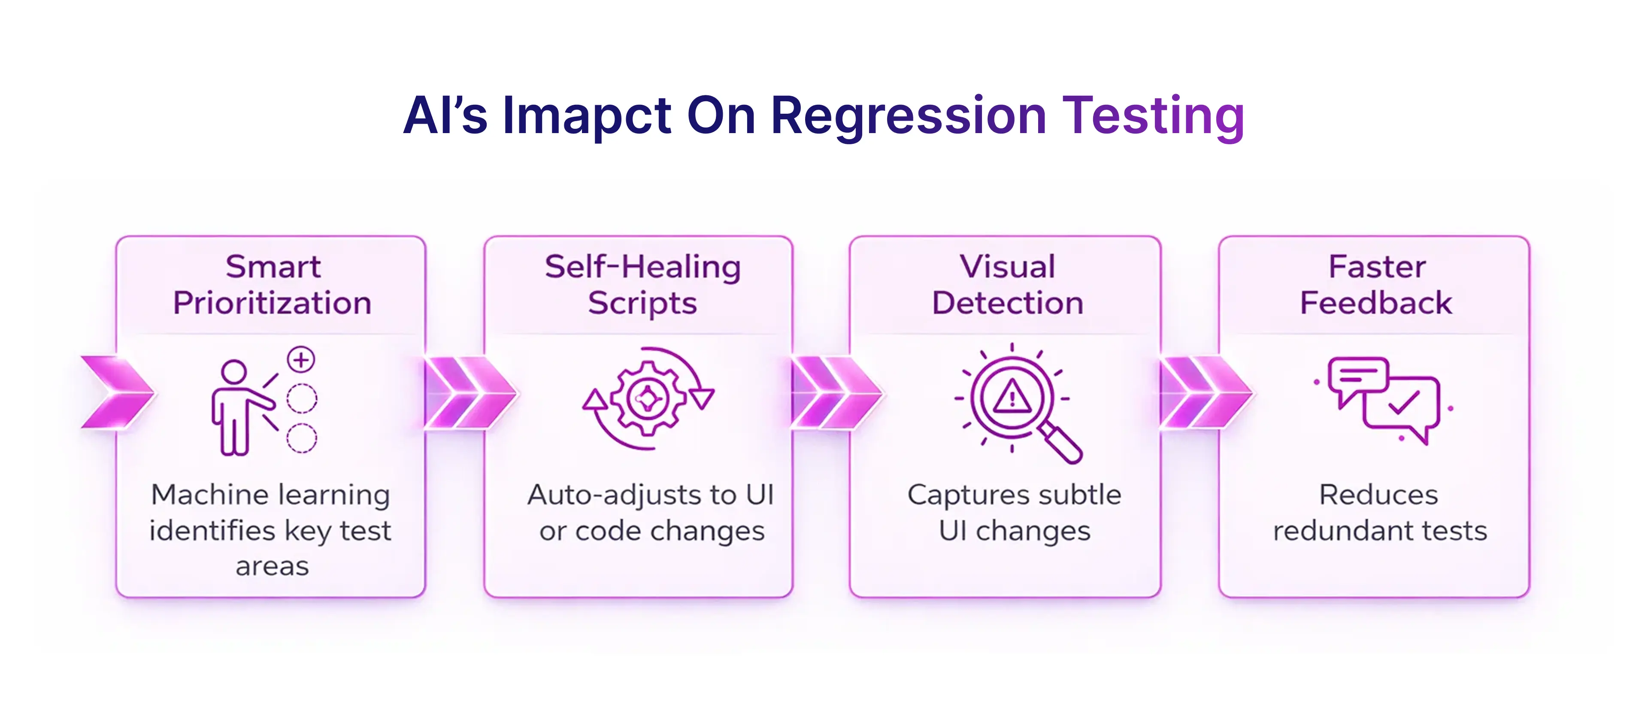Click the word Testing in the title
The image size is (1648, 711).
tap(1153, 116)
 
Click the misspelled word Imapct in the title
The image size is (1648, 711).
tap(587, 116)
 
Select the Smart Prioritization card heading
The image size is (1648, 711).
tap(272, 285)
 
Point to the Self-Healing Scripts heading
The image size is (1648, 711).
tap(642, 285)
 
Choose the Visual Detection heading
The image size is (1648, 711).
tap(1008, 285)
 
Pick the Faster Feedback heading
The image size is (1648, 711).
tap(1376, 285)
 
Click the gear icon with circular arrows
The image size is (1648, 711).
tap(648, 399)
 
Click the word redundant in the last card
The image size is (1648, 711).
tap(1333, 531)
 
